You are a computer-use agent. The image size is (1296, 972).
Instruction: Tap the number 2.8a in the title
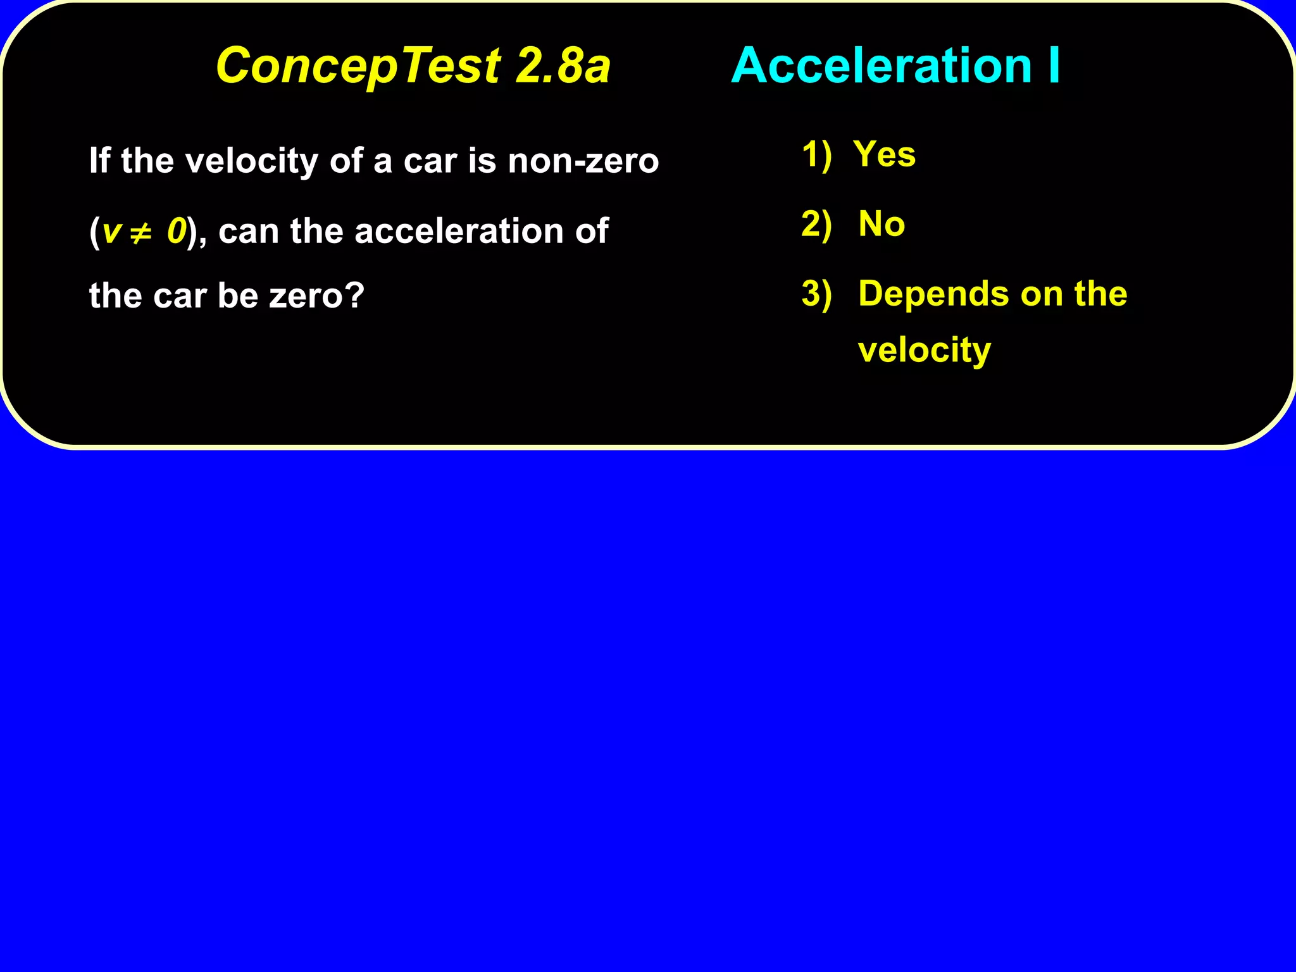(x=563, y=65)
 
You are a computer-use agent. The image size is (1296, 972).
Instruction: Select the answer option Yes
(x=884, y=154)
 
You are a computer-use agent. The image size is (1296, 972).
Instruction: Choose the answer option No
(x=882, y=224)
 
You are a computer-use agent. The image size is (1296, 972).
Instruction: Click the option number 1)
(x=816, y=154)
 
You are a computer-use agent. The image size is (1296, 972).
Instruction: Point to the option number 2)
(x=816, y=224)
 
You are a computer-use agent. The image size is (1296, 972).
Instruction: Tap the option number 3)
(x=816, y=294)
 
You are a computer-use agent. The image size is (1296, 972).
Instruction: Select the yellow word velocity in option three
(x=925, y=350)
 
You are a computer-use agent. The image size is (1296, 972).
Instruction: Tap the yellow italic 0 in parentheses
(x=177, y=231)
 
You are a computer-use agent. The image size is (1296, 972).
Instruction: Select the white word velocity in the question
(x=252, y=161)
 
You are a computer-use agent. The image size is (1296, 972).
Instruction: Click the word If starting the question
(x=99, y=160)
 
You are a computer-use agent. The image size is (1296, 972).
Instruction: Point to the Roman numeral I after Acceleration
(x=1054, y=65)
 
